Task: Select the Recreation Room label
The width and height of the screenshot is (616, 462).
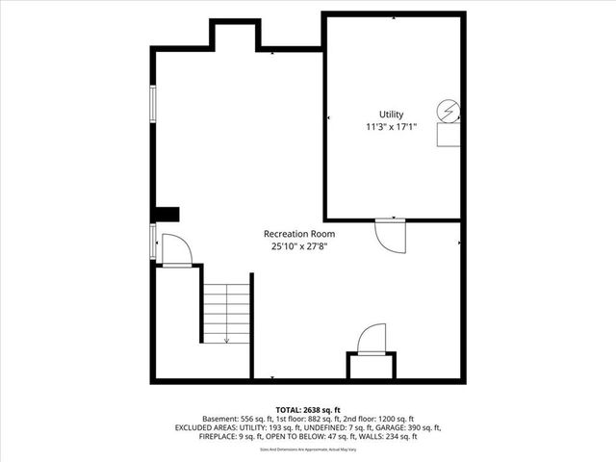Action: tap(299, 234)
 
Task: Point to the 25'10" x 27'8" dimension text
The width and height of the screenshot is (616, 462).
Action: tap(299, 246)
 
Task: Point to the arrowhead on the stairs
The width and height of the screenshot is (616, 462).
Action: tap(226, 340)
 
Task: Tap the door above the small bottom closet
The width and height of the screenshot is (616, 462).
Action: tap(371, 340)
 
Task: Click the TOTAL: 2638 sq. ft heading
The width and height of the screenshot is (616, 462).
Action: tap(307, 409)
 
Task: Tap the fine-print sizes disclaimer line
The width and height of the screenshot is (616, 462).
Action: tap(307, 449)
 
